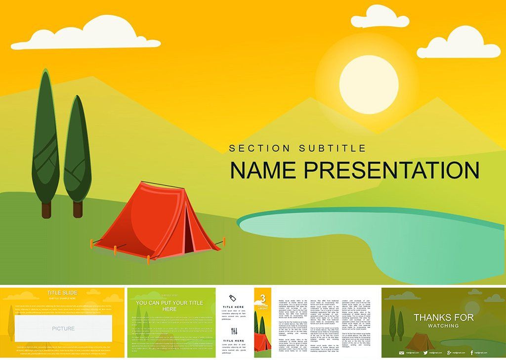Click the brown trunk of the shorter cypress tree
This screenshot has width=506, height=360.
pos(78,209)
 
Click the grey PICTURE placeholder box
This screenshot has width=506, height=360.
pos(63,328)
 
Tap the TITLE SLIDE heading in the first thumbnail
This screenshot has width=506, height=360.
pos(62,293)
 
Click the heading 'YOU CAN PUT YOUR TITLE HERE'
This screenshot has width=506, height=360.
pos(169,306)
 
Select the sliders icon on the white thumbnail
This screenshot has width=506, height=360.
pos(234,330)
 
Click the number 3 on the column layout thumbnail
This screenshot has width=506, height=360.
pos(262,298)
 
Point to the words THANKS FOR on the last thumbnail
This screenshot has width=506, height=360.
pos(443,317)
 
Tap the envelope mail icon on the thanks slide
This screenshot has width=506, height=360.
pos(402,353)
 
